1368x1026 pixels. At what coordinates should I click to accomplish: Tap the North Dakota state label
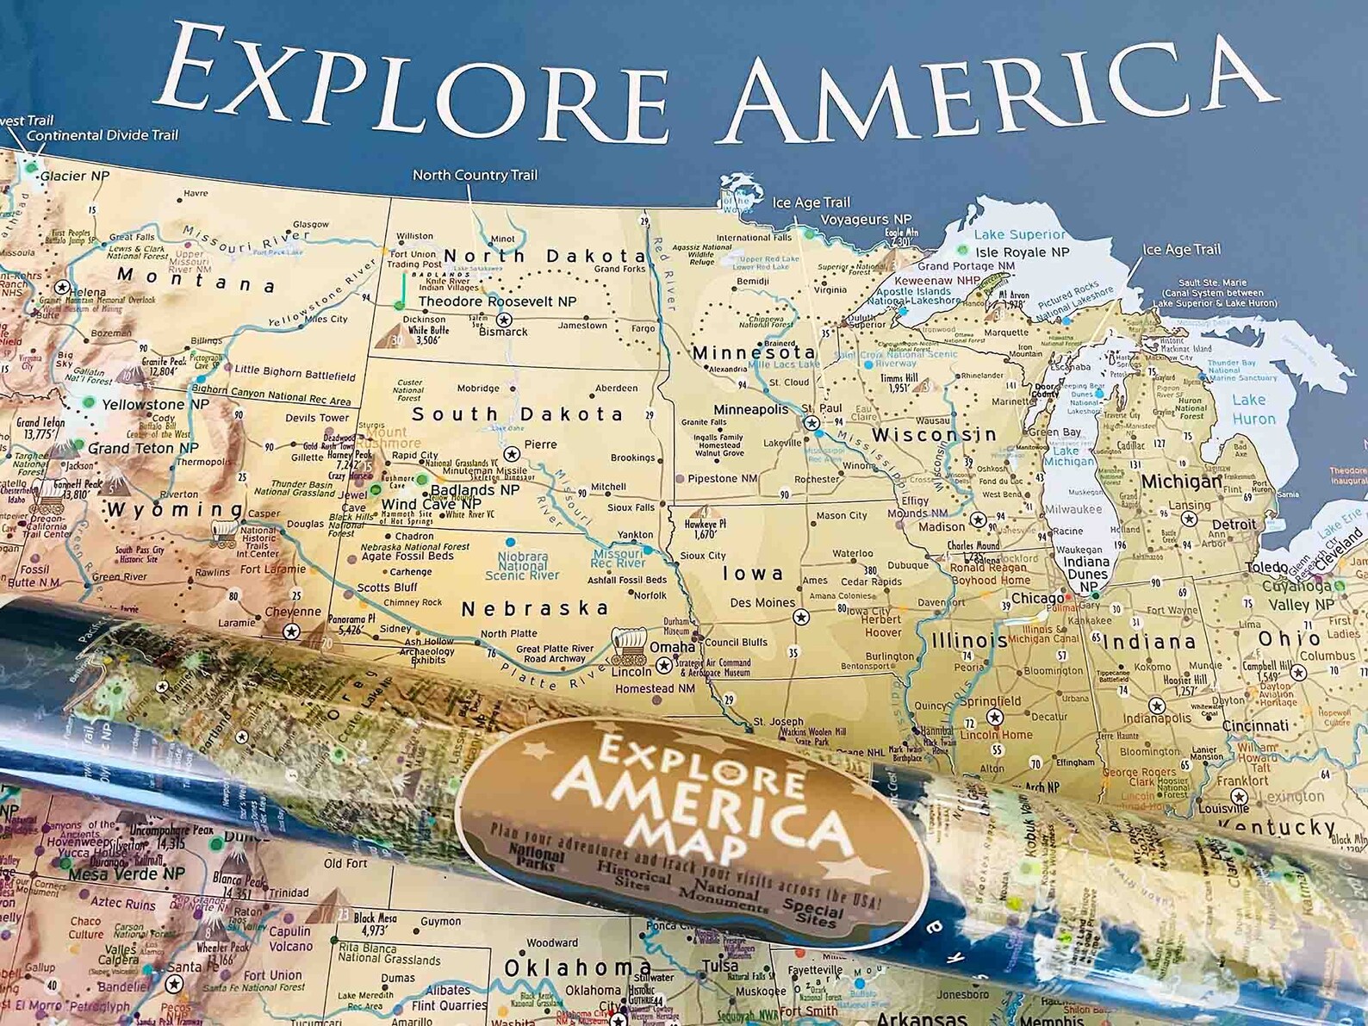[x=544, y=256]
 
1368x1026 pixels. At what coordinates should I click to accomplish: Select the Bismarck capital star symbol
[x=505, y=320]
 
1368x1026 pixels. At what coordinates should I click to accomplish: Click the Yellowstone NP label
[x=155, y=404]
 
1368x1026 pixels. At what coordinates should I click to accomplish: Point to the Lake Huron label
[x=1253, y=409]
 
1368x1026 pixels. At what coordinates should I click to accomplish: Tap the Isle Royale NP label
[x=1023, y=252]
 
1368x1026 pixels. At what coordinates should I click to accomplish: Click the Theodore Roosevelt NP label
[x=497, y=302]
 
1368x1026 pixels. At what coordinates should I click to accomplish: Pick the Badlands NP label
[x=475, y=489]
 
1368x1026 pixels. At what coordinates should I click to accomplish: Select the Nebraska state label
[x=535, y=608]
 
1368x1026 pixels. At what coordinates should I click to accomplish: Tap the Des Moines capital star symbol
[x=801, y=617]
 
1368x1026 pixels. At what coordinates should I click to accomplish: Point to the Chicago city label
[x=1037, y=599]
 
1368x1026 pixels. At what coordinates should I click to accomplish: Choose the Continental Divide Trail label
[x=103, y=135]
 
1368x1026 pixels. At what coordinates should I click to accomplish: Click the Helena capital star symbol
[x=62, y=286]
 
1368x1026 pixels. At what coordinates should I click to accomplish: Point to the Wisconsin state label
[x=934, y=435]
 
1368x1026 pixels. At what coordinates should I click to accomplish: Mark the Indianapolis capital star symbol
[x=1156, y=706]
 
